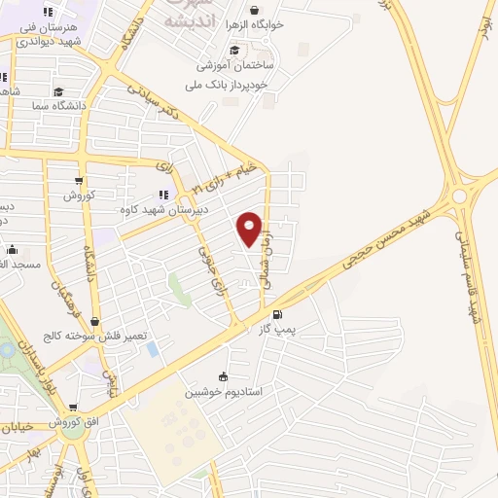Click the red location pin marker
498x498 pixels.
point(250,229)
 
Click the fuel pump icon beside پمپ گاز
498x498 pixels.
point(279,314)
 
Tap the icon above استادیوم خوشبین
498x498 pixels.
point(224,377)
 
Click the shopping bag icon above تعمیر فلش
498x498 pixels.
point(94,321)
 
